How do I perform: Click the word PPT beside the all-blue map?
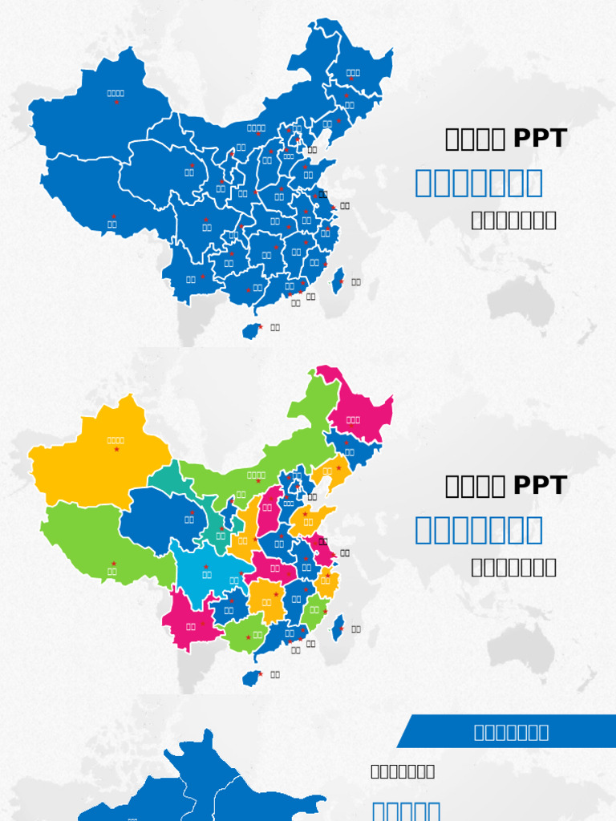click(539, 139)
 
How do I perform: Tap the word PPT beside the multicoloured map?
click(539, 486)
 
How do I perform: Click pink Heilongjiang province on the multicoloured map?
click(357, 409)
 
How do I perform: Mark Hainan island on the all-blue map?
click(251, 330)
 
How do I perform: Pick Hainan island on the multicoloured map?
click(251, 678)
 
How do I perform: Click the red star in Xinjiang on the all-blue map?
click(116, 102)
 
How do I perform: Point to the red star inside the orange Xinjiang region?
click(116, 449)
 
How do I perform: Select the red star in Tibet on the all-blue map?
click(114, 216)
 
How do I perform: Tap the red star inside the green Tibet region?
click(114, 564)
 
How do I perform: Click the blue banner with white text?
click(510, 731)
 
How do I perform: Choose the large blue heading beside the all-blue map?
click(479, 183)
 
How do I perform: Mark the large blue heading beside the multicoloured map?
click(479, 530)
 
